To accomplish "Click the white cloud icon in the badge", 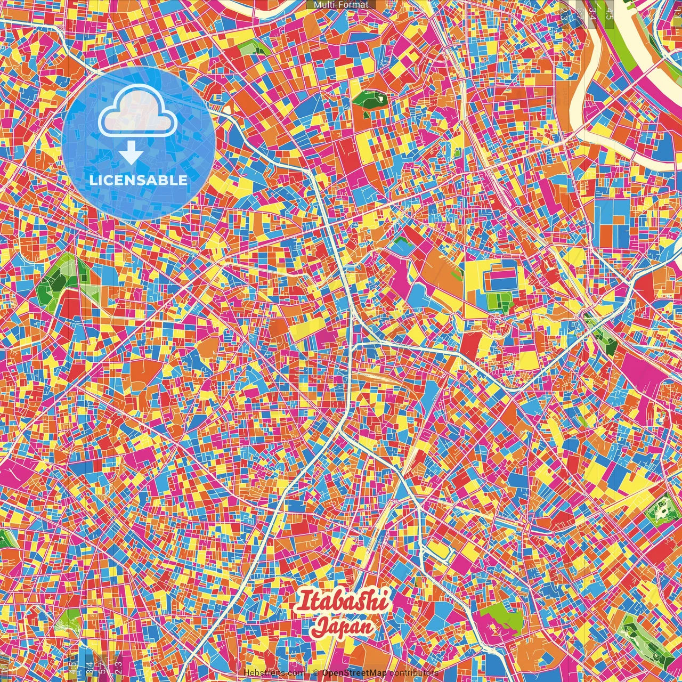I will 138,109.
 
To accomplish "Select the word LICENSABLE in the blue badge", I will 139,180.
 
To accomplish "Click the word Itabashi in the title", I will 344,602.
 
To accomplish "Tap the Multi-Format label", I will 341,5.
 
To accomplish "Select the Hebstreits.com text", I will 274,673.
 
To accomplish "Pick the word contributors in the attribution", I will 414,673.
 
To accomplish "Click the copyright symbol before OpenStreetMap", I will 316,673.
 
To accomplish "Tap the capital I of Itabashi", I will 304,602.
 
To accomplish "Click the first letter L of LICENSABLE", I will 93,180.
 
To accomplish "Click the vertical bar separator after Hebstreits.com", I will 308,673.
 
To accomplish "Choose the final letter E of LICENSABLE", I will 183,180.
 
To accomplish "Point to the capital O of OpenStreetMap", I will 326,673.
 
